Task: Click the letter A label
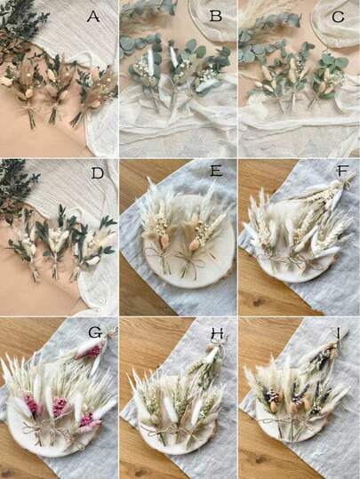(92, 17)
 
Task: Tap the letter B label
(214, 17)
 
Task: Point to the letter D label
(93, 175)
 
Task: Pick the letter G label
(93, 333)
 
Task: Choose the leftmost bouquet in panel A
(22, 89)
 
